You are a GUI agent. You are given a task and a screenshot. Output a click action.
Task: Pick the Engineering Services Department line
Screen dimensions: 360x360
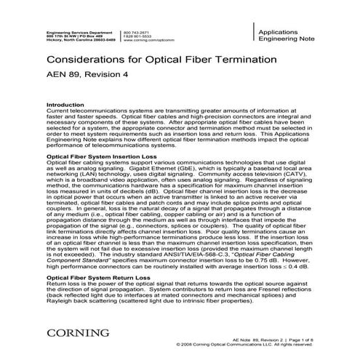79,32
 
